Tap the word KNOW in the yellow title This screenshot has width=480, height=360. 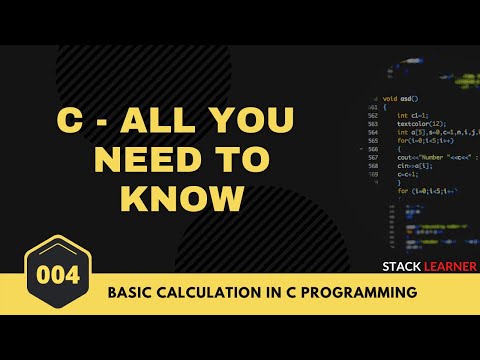(182, 198)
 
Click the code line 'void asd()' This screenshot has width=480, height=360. (401, 99)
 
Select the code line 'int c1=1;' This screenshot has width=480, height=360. (410, 116)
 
